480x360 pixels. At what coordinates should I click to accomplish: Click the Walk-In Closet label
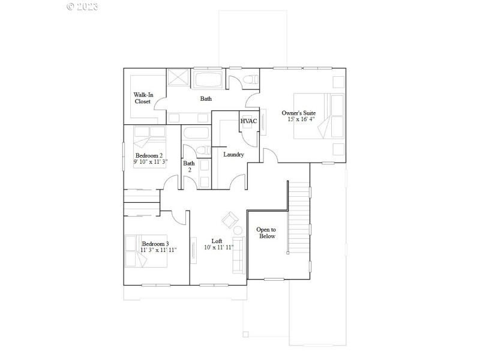click(x=142, y=98)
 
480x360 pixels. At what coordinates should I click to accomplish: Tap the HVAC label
click(x=248, y=121)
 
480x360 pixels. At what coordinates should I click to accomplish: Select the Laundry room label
click(x=233, y=155)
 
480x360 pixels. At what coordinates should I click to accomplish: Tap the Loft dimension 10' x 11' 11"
click(x=217, y=247)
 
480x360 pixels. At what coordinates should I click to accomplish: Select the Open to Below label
click(x=266, y=233)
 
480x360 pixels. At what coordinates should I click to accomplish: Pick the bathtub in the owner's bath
click(x=209, y=80)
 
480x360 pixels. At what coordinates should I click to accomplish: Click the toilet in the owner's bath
click(x=250, y=79)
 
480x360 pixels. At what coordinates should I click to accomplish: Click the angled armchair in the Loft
click(x=230, y=220)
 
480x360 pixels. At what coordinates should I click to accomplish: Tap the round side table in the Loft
click(x=238, y=230)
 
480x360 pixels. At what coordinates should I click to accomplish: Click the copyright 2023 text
click(x=82, y=7)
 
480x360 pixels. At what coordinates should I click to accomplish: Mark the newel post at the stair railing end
click(x=288, y=253)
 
